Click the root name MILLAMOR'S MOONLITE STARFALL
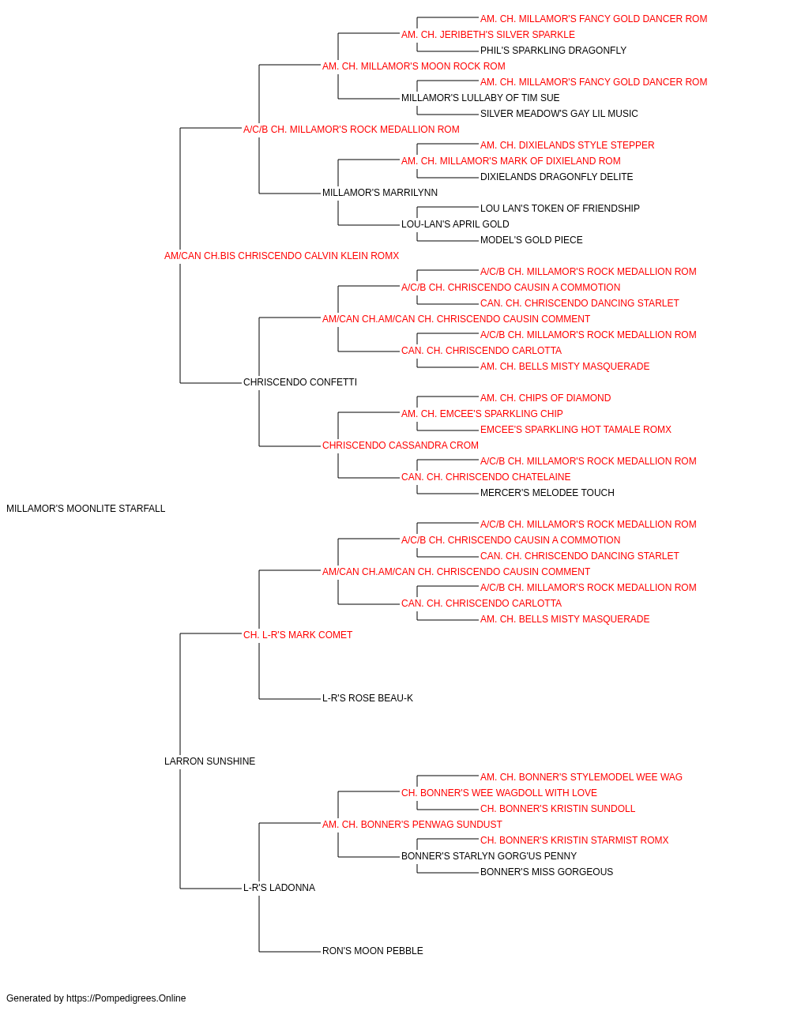point(85,509)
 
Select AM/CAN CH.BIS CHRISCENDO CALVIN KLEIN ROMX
point(281,256)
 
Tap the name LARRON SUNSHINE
point(209,761)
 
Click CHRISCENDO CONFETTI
point(300,382)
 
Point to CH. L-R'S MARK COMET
point(298,635)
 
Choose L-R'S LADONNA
point(279,888)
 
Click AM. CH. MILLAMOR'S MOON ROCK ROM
point(414,66)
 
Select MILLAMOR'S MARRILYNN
point(380,193)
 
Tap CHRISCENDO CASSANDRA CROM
point(400,445)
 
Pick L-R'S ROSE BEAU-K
point(367,698)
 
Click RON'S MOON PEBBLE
point(373,951)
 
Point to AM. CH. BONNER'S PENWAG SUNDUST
point(412,825)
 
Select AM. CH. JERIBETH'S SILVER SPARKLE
point(488,35)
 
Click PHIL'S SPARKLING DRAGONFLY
point(553,51)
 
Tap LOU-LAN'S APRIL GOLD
point(455,224)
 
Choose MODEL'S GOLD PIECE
point(532,240)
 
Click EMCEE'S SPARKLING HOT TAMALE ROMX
point(576,430)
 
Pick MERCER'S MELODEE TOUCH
point(547,493)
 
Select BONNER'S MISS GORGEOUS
point(547,872)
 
